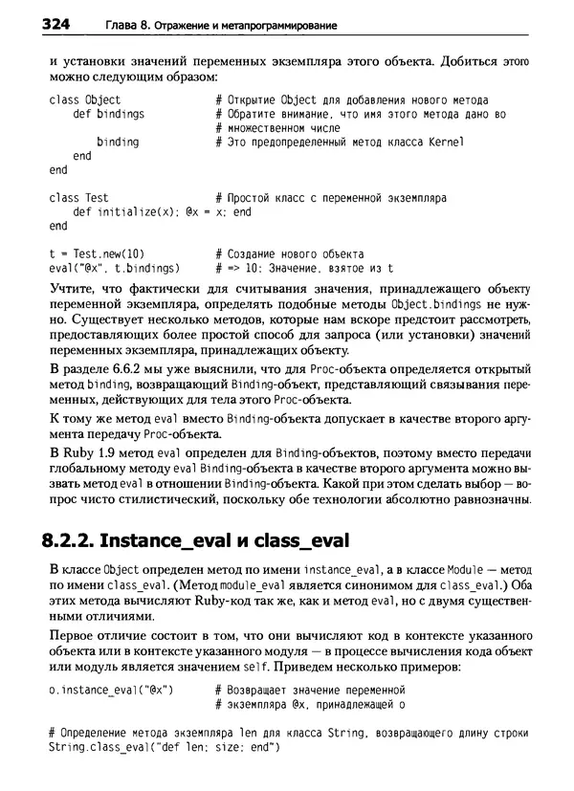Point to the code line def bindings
[x=108, y=114]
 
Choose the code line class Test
[x=79, y=198]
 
